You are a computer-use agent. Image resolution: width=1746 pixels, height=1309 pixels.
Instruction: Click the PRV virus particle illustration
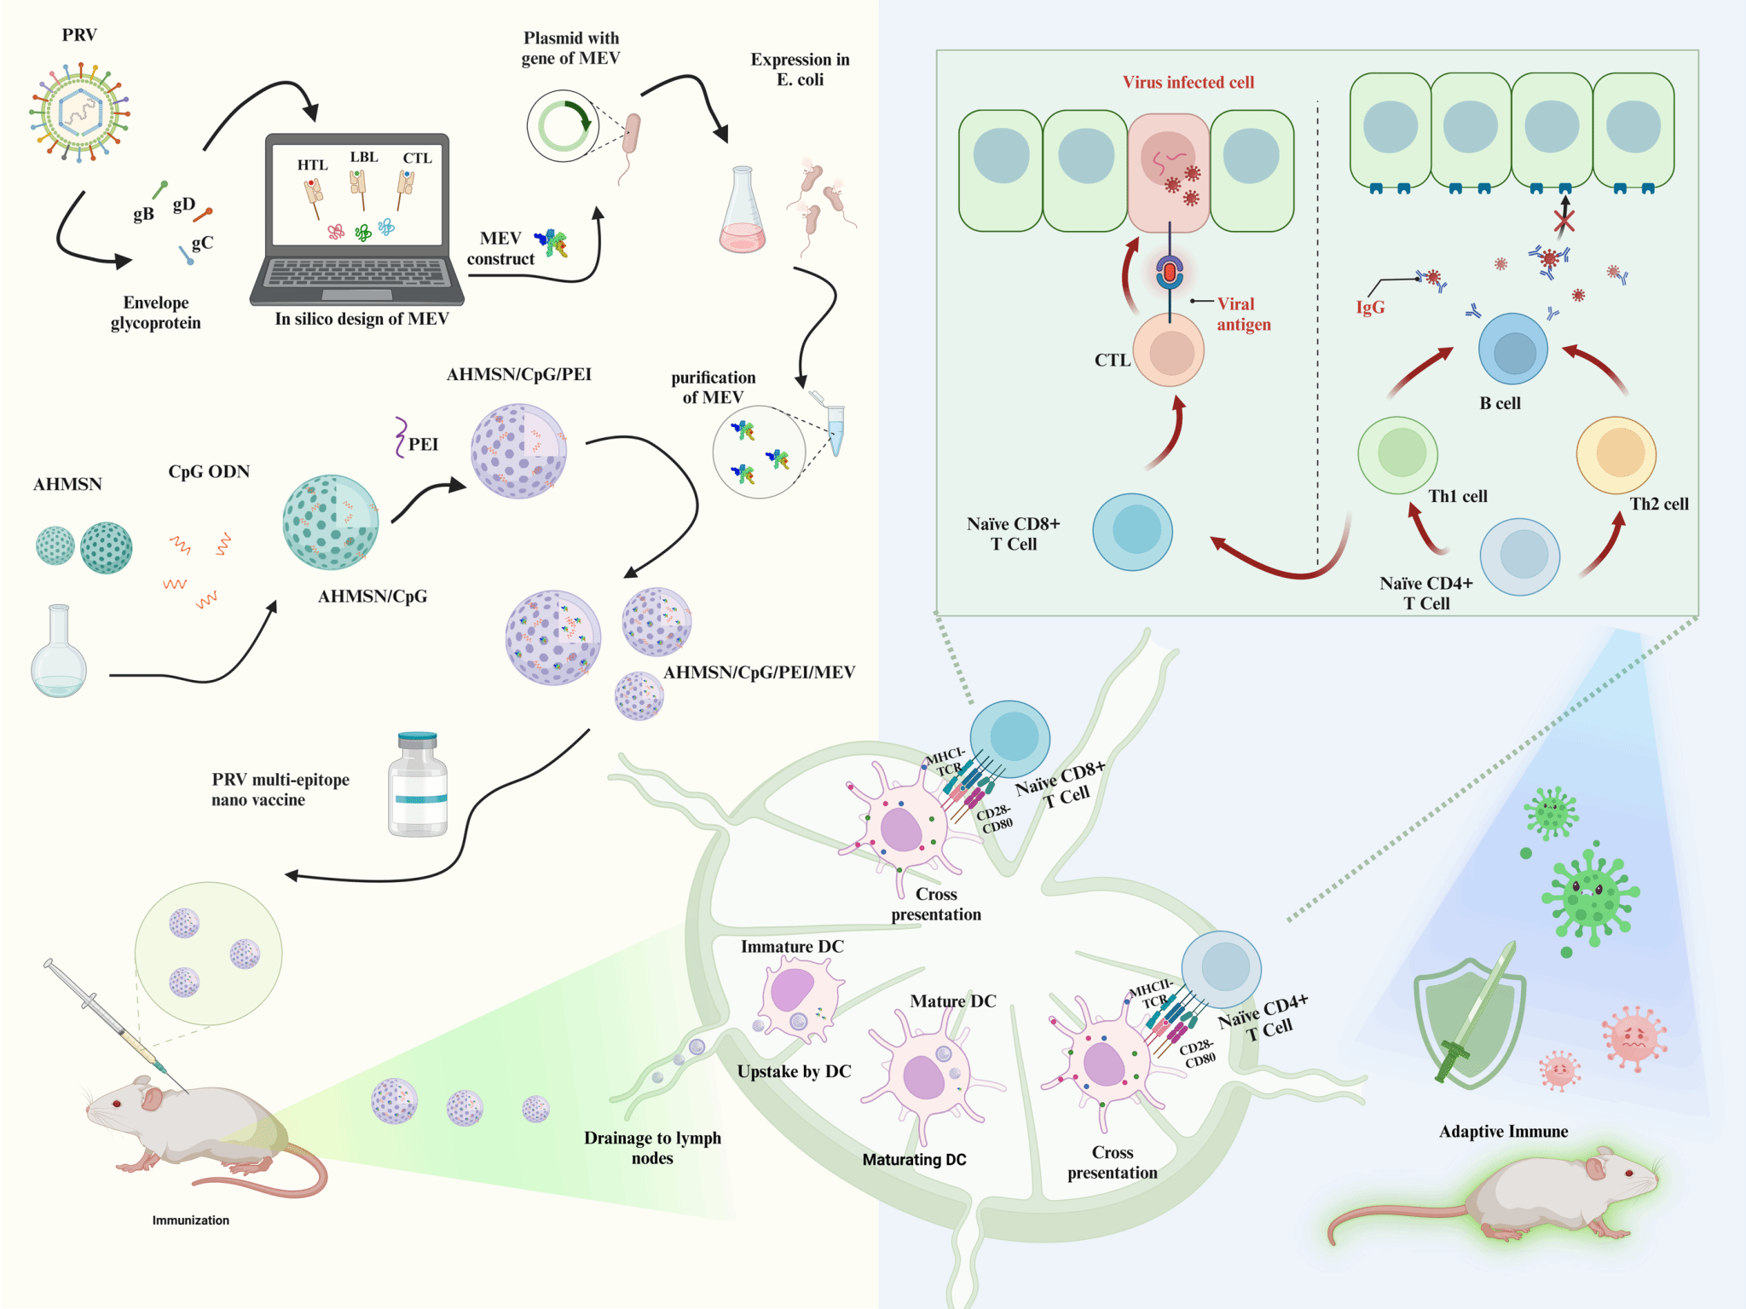[79, 112]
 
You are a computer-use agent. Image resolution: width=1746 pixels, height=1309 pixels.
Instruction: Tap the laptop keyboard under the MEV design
[357, 273]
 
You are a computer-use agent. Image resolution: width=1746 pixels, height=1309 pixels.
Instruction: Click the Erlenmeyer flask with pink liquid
[743, 213]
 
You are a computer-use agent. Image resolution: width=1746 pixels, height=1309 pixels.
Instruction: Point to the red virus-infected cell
[1169, 171]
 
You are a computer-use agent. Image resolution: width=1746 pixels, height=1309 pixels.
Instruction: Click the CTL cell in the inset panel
[1169, 350]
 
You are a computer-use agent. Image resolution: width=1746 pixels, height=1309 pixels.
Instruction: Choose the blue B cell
[1513, 349]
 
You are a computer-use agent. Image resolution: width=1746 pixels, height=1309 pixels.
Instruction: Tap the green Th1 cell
[1398, 454]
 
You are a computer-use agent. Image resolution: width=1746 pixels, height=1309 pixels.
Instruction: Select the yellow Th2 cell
[1616, 454]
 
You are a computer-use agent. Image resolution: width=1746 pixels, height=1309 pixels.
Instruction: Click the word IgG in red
[1371, 308]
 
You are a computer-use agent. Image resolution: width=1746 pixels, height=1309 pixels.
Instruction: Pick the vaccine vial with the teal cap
[418, 785]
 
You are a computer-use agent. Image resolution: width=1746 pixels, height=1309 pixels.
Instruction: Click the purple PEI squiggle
[400, 437]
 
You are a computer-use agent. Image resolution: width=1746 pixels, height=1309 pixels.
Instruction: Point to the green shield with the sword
[1469, 1018]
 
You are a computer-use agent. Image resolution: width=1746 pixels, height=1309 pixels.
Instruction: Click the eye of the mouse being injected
[117, 1104]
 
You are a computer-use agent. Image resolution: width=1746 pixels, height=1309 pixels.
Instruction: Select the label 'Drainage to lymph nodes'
[652, 1148]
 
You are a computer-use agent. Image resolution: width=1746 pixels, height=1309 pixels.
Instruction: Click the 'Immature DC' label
[792, 947]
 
